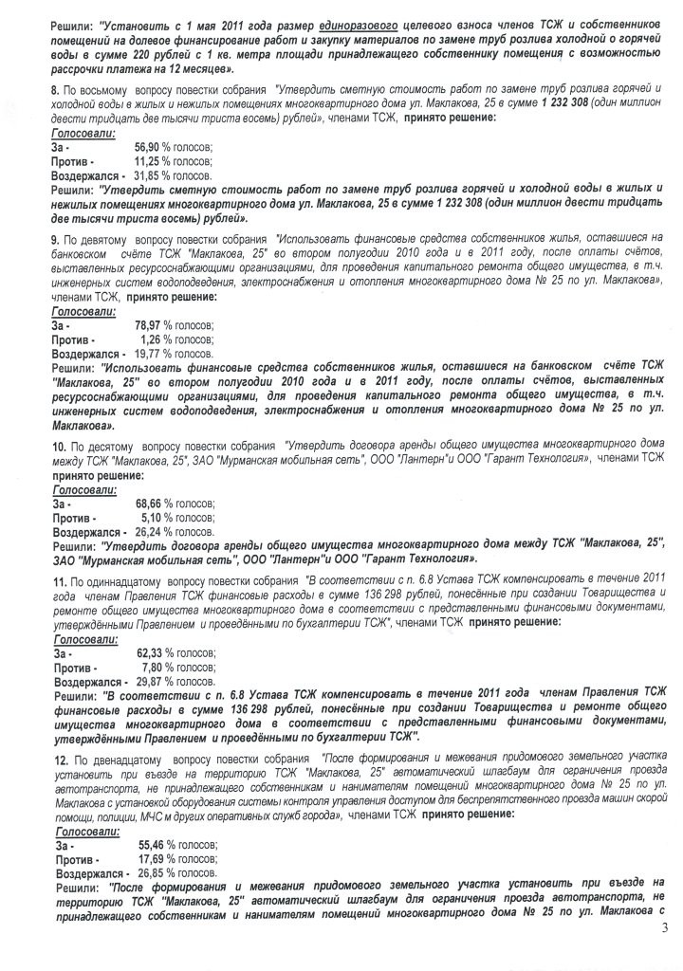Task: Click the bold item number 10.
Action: coord(58,445)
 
